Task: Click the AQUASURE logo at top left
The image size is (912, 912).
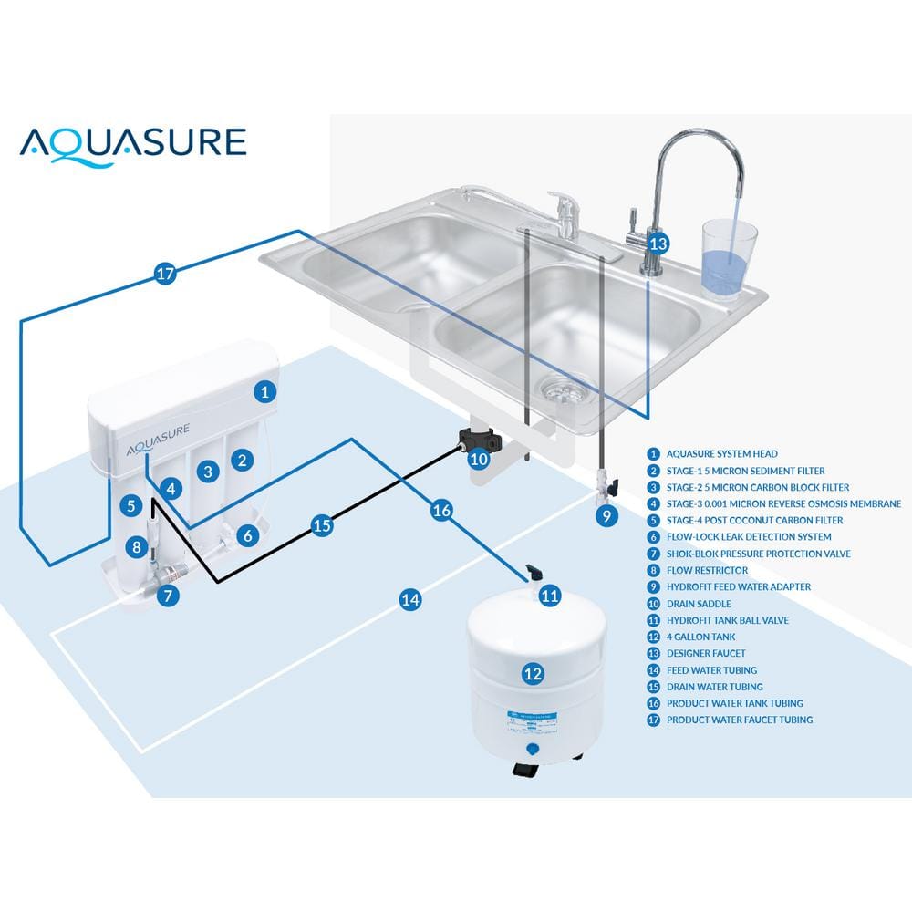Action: (133, 143)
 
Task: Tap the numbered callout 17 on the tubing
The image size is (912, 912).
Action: (164, 274)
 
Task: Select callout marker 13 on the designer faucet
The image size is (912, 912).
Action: (658, 244)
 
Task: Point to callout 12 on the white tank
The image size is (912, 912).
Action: (533, 674)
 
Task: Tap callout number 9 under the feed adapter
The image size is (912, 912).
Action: (606, 515)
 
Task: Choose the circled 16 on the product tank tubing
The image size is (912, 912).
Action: (441, 511)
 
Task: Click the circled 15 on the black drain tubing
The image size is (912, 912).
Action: (321, 526)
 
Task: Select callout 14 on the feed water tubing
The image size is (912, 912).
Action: (411, 599)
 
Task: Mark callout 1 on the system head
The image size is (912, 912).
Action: (264, 392)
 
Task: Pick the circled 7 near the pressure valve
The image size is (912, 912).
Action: (167, 596)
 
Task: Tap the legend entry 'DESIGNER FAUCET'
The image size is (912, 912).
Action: (706, 653)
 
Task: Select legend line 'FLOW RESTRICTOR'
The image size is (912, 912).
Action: (707, 570)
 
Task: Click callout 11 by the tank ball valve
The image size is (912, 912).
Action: (549, 596)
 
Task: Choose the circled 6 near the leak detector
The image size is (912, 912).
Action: (245, 536)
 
